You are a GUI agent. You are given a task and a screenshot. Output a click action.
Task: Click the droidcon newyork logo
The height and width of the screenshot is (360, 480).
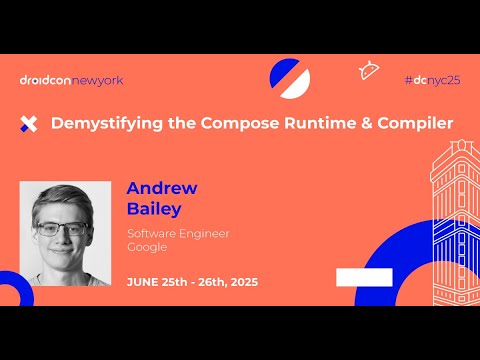(71, 80)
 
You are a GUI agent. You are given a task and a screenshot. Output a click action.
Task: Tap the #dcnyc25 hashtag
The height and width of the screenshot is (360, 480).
(432, 79)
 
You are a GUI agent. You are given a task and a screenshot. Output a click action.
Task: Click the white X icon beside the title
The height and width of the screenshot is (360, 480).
(29, 124)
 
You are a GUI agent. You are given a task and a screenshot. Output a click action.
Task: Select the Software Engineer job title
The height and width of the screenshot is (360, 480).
(178, 233)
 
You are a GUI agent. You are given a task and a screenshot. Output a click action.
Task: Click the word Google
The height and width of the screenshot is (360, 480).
(147, 247)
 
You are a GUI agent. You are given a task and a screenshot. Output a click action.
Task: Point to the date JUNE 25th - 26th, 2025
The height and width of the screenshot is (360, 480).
(192, 282)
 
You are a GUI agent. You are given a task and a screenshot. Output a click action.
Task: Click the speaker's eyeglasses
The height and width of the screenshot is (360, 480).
(62, 228)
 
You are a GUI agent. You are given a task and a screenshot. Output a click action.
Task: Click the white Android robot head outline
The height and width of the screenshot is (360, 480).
(368, 70)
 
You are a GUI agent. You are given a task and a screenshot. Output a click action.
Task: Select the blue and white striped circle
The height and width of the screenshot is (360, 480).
(290, 77)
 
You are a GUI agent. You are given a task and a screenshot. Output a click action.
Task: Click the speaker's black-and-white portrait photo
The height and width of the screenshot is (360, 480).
(65, 233)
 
